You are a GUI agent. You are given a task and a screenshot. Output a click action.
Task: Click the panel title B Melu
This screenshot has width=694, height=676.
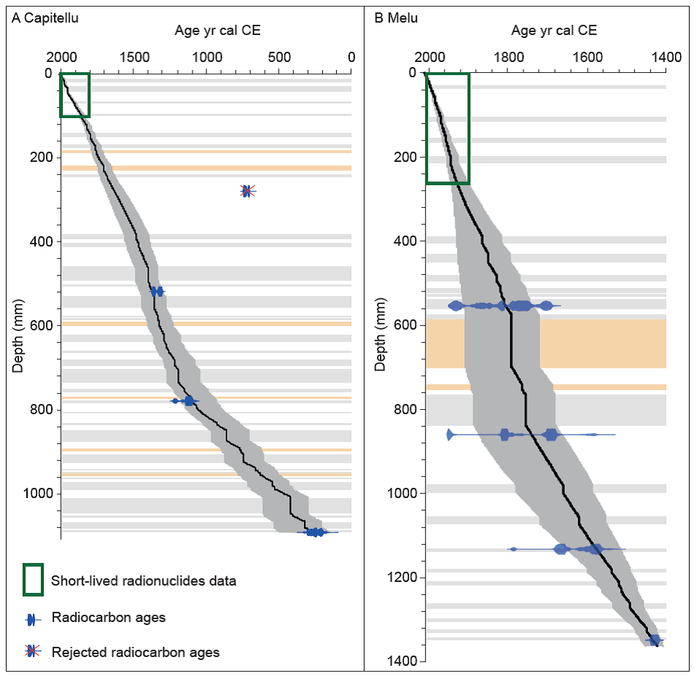tap(396, 18)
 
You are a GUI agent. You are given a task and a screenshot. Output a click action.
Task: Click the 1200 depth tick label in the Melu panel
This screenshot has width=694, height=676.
tap(402, 578)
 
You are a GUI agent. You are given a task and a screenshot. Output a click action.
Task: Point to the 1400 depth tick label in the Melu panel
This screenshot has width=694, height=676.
tap(402, 661)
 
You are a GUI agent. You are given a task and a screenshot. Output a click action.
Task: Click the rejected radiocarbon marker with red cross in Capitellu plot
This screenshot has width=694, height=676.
tap(247, 191)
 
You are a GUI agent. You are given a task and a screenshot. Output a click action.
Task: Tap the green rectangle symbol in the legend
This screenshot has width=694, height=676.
tap(34, 580)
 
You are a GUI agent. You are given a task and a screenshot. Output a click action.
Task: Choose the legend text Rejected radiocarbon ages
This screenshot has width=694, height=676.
tap(135, 652)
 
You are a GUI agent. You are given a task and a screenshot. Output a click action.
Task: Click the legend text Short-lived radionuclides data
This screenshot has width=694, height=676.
tap(143, 581)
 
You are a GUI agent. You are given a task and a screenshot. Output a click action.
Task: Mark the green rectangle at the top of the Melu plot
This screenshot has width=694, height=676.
tap(448, 128)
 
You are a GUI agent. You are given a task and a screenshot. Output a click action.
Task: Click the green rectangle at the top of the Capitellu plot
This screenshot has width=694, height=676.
tap(74, 95)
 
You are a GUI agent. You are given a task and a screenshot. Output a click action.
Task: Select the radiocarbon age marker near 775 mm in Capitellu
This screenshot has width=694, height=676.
tap(189, 401)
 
